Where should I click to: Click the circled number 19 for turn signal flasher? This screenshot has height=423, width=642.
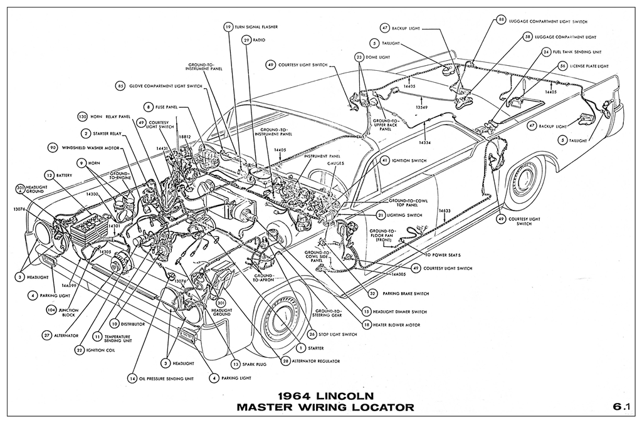228,27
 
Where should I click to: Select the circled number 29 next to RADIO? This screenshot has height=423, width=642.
246,40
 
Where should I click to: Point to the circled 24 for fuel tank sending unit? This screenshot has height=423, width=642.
547,51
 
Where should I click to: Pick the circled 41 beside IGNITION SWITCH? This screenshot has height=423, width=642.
384,160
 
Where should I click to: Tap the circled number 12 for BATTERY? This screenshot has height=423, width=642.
48,175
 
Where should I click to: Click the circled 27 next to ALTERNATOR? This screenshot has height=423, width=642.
47,335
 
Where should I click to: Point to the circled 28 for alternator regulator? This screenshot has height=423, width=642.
286,361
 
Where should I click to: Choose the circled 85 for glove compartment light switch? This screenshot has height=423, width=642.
120,85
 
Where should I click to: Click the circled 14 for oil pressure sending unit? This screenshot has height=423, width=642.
132,379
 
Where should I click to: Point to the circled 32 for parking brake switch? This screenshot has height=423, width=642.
372,293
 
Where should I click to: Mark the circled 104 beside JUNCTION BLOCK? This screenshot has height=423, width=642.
51,310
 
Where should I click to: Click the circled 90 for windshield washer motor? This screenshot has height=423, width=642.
53,147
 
